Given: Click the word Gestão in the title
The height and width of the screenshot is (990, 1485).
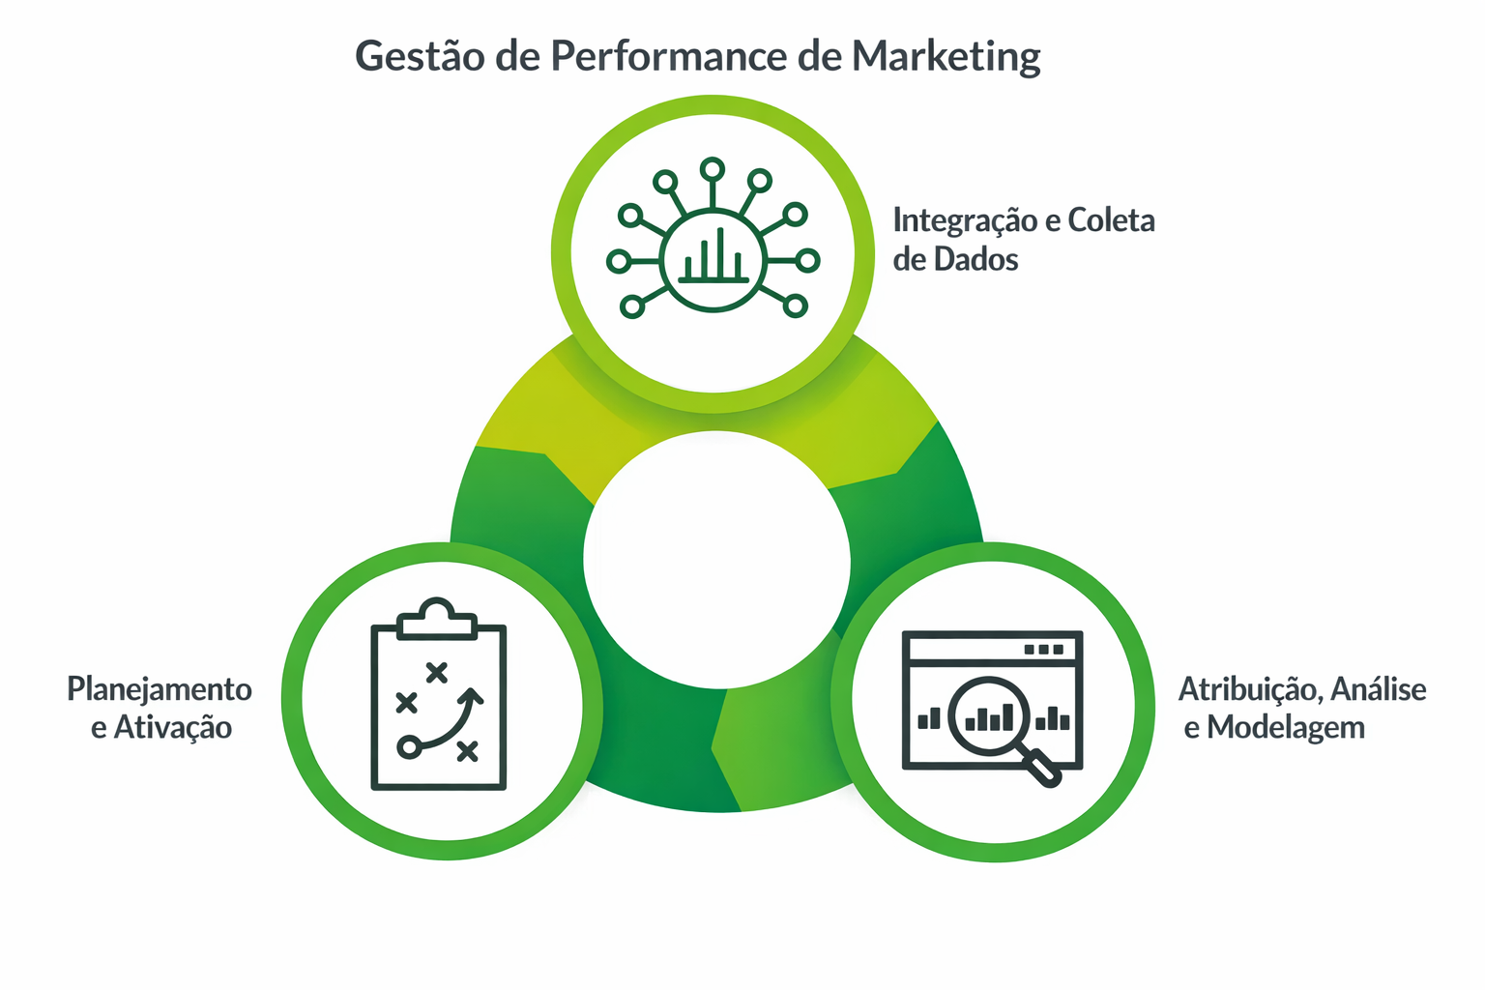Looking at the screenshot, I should point(420,56).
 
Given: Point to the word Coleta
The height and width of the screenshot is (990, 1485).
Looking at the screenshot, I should point(1111,221).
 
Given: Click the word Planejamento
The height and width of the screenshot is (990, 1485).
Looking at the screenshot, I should point(160,689).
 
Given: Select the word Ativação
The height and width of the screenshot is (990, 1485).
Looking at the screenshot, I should point(173,728).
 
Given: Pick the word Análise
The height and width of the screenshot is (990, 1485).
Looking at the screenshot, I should point(1379,689).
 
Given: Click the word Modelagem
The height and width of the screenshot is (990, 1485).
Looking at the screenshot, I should point(1286,728).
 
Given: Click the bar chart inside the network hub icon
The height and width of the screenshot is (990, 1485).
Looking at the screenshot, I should point(713,257).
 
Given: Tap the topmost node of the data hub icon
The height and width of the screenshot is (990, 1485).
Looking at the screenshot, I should point(713,170).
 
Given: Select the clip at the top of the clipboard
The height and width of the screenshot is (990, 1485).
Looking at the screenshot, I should point(438,619).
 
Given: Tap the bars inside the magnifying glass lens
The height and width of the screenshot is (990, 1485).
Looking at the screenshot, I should point(989,718).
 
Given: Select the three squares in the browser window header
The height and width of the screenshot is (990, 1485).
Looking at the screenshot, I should point(1043,650).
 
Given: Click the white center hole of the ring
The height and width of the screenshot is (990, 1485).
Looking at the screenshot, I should point(716,559).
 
